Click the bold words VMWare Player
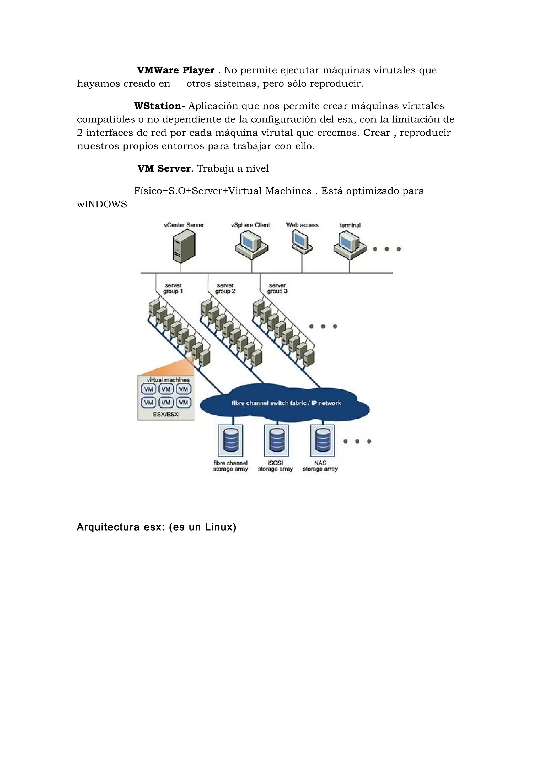pos(176,70)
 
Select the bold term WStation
pos(158,106)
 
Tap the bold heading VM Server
pos(164,169)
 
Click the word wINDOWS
pos(102,204)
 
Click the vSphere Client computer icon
pos(251,245)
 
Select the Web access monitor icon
pos(302,242)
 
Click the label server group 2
pos(225,288)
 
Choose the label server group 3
pos(277,288)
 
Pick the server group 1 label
pos(173,288)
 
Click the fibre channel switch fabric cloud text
pos(286,403)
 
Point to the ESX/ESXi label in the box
pos(166,414)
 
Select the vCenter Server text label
pos(184,225)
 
